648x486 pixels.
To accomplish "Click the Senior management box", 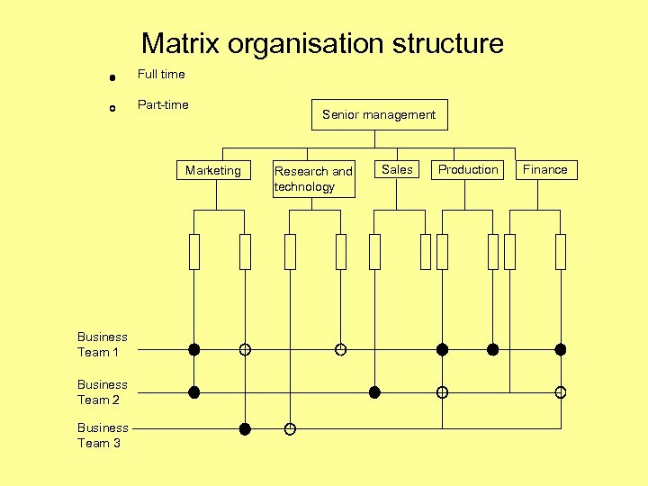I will pyautogui.click(x=379, y=114).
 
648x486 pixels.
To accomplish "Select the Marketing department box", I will pyautogui.click(x=213, y=170).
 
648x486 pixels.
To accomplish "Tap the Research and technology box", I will pyautogui.click(x=312, y=178).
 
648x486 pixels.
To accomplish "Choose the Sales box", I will pyautogui.click(x=397, y=169).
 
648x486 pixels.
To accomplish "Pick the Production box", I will pyautogui.click(x=468, y=169).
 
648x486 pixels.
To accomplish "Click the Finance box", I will pyautogui.click(x=545, y=169).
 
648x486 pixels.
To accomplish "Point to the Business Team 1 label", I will pyautogui.click(x=102, y=345).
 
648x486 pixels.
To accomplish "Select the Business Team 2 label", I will pyautogui.click(x=102, y=391).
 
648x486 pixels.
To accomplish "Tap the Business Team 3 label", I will pyautogui.click(x=102, y=435).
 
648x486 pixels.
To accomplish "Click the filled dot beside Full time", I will pyautogui.click(x=111, y=78).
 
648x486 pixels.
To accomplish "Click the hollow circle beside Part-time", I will pyautogui.click(x=111, y=108).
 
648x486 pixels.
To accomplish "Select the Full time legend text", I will pyautogui.click(x=160, y=74).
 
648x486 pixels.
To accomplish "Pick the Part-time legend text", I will pyautogui.click(x=163, y=104).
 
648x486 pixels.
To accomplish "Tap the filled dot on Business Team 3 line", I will pyautogui.click(x=245, y=429).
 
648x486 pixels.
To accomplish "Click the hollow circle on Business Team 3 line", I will pyautogui.click(x=290, y=429).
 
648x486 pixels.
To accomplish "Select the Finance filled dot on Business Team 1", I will pyautogui.click(x=560, y=349).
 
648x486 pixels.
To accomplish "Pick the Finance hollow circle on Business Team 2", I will pyautogui.click(x=560, y=392).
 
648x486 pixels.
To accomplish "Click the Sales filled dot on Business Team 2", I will pyautogui.click(x=374, y=392).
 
